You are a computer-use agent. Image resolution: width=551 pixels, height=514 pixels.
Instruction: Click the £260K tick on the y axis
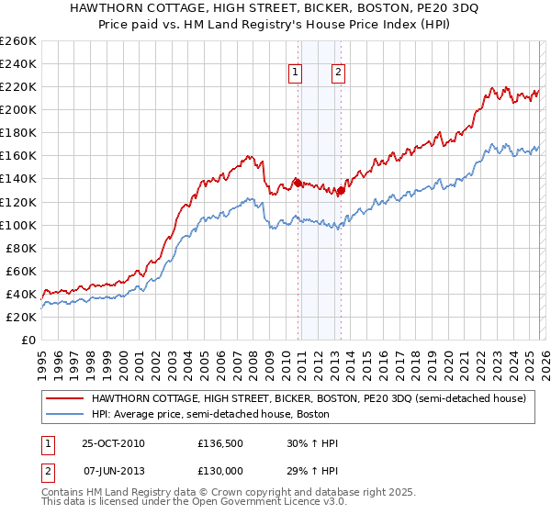click(18, 40)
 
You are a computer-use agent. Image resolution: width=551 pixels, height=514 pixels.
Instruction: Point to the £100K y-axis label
click(18, 225)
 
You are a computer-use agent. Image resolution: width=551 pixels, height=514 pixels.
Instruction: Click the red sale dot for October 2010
click(298, 182)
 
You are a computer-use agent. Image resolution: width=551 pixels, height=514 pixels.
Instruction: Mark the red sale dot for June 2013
click(340, 190)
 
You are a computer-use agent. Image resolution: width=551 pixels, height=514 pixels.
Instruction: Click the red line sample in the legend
click(65, 398)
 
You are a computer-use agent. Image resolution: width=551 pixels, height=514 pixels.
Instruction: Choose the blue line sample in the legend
click(65, 413)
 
